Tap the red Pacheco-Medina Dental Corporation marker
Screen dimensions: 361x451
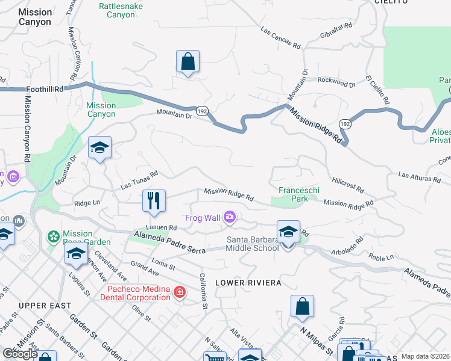[179, 292]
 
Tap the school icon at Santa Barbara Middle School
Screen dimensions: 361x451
[288, 231]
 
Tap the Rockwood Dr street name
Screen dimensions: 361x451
[336, 81]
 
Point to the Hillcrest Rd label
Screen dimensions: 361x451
[348, 185]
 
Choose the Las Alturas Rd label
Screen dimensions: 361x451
[420, 178]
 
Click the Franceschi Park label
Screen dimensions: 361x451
[298, 194]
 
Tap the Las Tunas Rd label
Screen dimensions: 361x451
[139, 180]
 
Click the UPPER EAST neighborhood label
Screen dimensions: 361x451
[42, 306]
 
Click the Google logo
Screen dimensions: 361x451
[20, 354]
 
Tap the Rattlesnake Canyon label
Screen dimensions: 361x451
[117, 10]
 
